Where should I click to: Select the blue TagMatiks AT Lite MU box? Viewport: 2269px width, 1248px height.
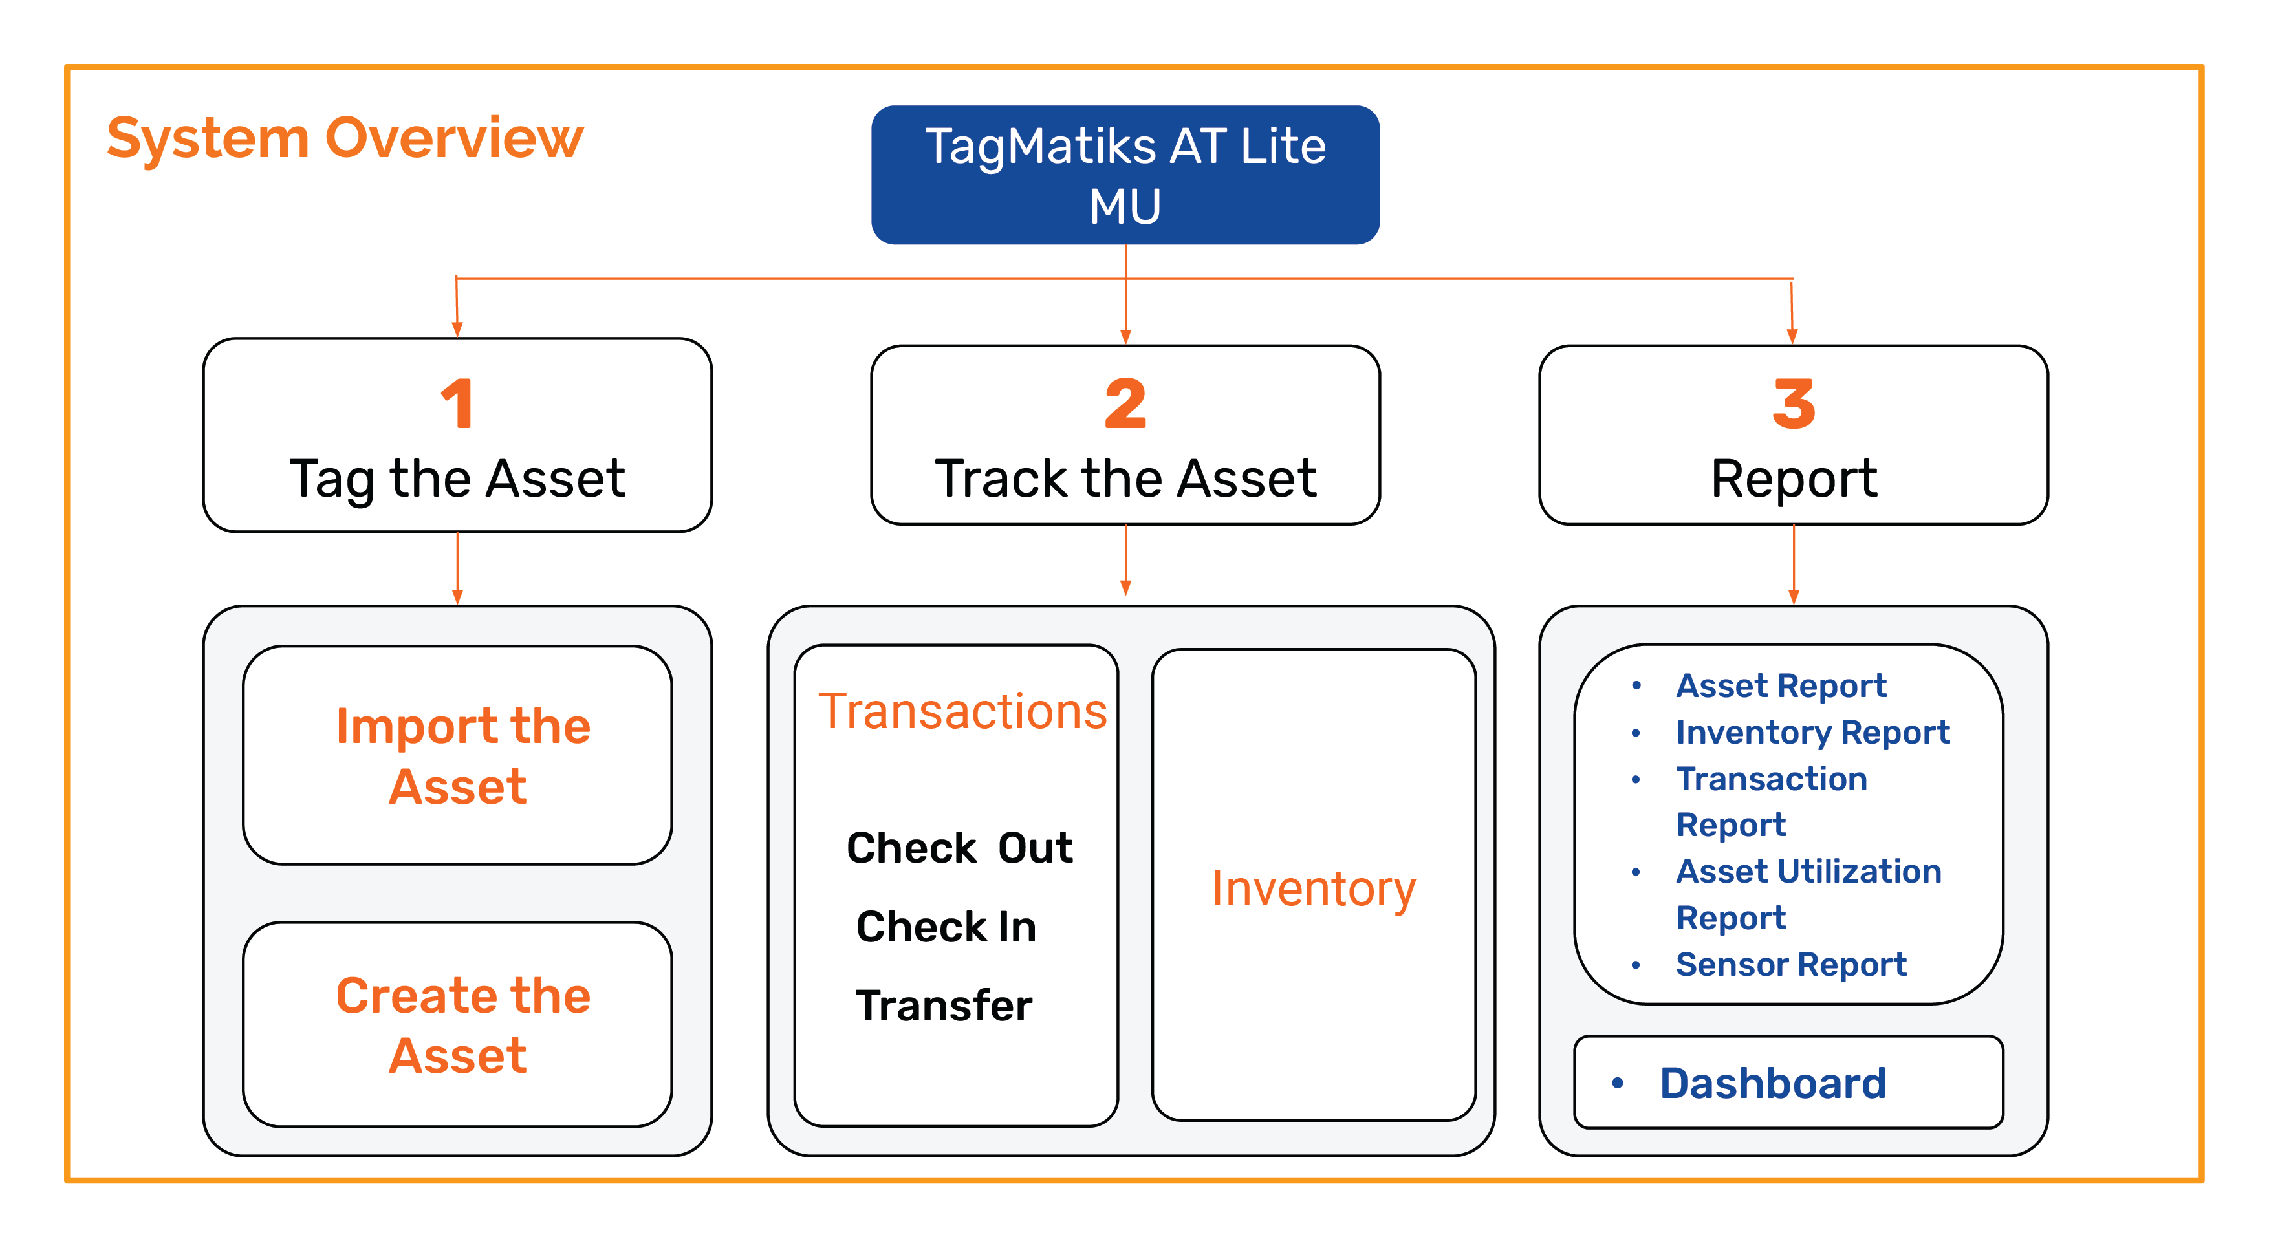point(1125,175)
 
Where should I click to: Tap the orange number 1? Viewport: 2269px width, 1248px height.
point(457,403)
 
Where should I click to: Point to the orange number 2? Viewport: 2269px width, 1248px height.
point(1125,403)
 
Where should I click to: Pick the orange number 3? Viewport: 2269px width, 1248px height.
point(1794,403)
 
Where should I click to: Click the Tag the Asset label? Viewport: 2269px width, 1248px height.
point(457,480)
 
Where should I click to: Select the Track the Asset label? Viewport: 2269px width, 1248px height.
point(1125,480)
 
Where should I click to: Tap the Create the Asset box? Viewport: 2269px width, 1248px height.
point(457,1024)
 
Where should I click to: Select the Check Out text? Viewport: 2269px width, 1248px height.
point(959,848)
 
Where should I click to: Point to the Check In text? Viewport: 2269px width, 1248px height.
point(946,927)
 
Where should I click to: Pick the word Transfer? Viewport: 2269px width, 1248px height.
point(943,1006)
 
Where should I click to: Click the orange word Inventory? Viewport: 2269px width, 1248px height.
point(1313,890)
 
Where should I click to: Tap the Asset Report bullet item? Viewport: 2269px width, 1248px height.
point(1780,685)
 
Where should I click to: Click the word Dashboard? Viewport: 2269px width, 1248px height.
point(1772,1083)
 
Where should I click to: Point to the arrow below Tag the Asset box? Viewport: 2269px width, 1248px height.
point(457,568)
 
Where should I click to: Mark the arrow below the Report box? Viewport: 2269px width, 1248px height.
point(1794,565)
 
